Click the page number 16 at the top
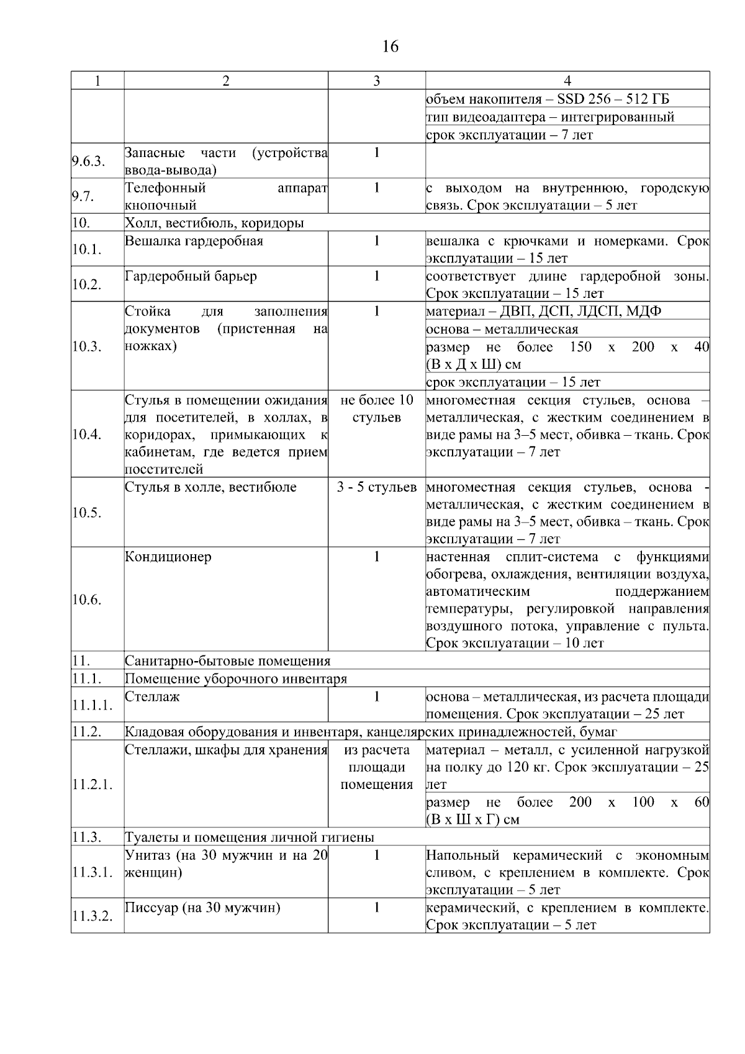tap(391, 47)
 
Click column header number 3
tap(377, 81)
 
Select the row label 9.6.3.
tap(88, 161)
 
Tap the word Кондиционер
tap(168, 557)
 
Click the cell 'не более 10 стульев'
tap(377, 408)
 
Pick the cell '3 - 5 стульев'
tap(377, 487)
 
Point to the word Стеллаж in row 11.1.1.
tap(153, 696)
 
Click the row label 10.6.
tap(87, 600)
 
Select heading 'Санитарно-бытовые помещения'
tap(228, 660)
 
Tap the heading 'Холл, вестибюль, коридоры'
tap(215, 223)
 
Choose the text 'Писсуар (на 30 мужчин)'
tap(203, 908)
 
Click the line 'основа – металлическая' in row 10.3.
tap(502, 329)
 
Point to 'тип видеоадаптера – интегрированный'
tap(550, 117)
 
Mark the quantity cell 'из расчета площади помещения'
tap(377, 767)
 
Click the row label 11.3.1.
tap(92, 872)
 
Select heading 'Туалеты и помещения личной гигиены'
tap(250, 837)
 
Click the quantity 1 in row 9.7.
tap(377, 188)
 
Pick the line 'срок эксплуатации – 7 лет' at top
tap(510, 135)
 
